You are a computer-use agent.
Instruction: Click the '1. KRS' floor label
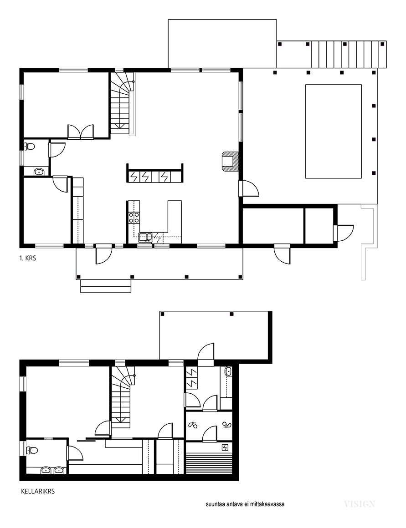28,259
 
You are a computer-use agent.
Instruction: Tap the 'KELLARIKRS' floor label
38,491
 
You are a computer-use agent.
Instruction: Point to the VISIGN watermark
360,504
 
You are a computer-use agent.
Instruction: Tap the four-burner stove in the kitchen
134,217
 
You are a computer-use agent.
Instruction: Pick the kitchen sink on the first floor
145,237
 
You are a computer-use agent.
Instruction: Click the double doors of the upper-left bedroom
80,132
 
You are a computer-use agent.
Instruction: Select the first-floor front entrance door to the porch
103,255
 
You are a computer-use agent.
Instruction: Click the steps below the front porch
106,286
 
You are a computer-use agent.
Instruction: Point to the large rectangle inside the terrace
334,132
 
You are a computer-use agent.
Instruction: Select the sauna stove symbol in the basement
225,447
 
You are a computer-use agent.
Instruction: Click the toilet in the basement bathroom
32,450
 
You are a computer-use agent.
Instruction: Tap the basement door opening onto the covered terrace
206,355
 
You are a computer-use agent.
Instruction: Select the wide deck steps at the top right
349,55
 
